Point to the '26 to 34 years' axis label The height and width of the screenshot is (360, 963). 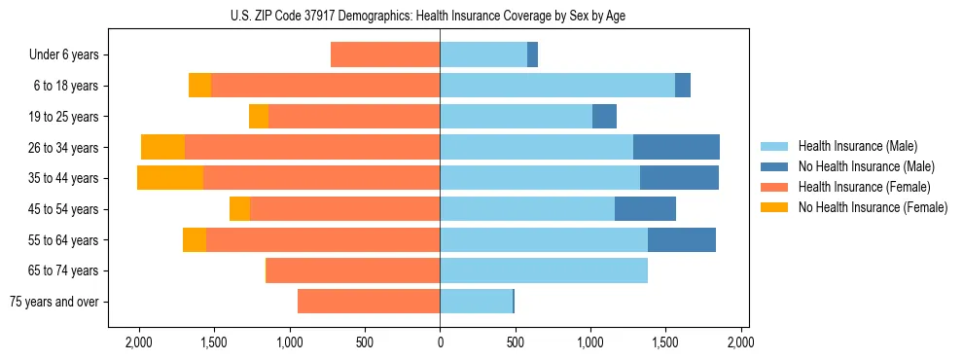(64, 148)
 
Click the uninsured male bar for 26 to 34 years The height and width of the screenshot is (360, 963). (676, 147)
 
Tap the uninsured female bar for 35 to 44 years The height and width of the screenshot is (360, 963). (170, 178)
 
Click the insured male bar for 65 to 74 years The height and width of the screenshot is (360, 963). (544, 270)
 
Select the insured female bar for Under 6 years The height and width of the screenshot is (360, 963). (385, 54)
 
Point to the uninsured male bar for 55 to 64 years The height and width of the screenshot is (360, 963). (682, 239)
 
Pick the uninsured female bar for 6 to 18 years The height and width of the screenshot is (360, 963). (199, 86)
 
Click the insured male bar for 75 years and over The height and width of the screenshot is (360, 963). (476, 302)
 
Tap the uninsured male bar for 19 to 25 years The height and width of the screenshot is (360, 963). (604, 116)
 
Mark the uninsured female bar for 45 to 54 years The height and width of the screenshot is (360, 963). (239, 208)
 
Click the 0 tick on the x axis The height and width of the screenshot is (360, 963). (440, 342)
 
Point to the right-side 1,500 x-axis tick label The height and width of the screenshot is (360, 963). (665, 342)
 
